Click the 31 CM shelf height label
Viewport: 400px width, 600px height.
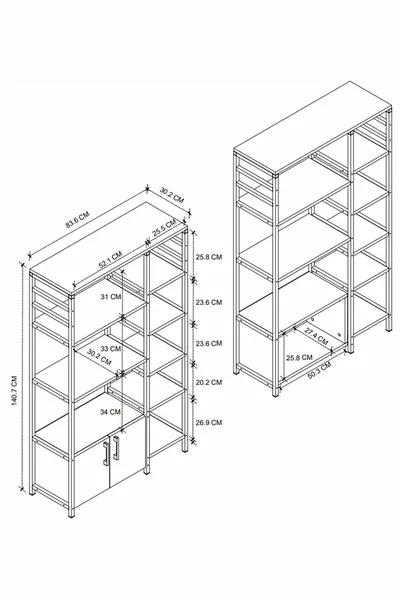click(109, 297)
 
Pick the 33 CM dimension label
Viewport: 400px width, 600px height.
click(109, 349)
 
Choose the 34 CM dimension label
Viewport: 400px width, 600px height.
click(109, 411)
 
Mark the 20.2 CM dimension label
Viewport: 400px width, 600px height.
click(209, 382)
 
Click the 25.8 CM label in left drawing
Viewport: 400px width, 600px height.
click(209, 256)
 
